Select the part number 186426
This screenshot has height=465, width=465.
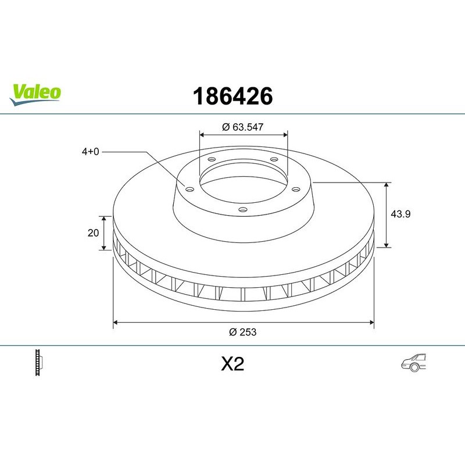232,96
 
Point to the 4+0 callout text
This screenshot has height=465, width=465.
91,152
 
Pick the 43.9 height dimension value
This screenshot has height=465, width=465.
400,214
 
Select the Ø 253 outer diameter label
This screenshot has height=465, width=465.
243,332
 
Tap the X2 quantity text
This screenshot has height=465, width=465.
232,364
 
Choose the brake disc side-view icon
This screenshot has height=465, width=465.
40,363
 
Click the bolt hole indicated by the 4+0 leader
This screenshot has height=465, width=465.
189,187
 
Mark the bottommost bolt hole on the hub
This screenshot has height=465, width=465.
244,210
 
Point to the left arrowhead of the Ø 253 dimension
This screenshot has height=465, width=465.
116,321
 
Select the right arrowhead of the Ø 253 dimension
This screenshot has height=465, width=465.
371,321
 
